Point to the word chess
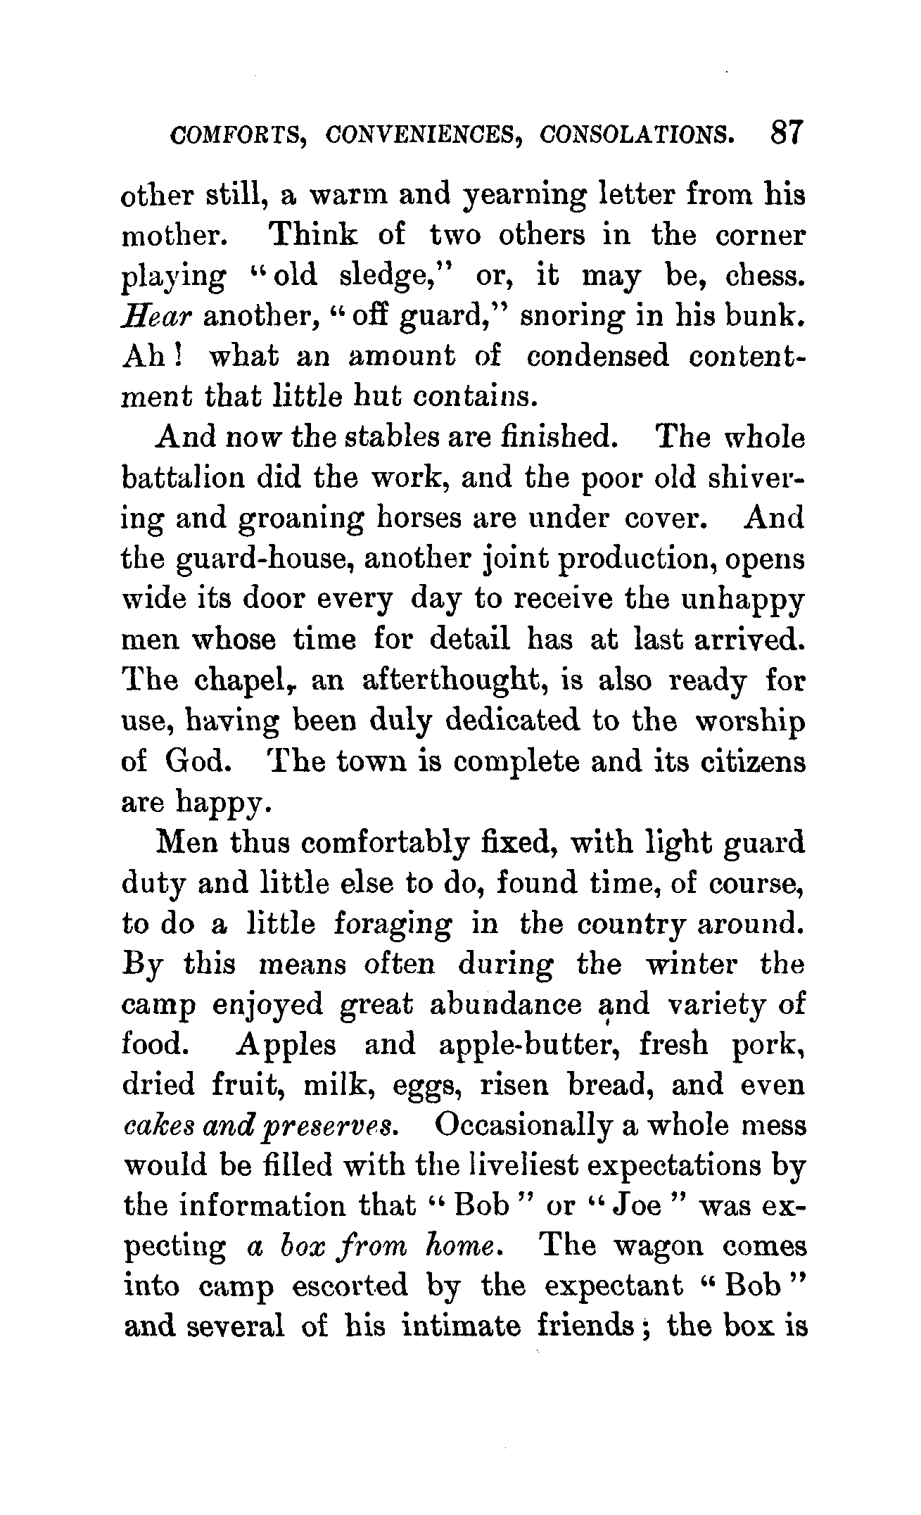pyautogui.click(x=768, y=276)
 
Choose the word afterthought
pyautogui.click(x=455, y=682)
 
